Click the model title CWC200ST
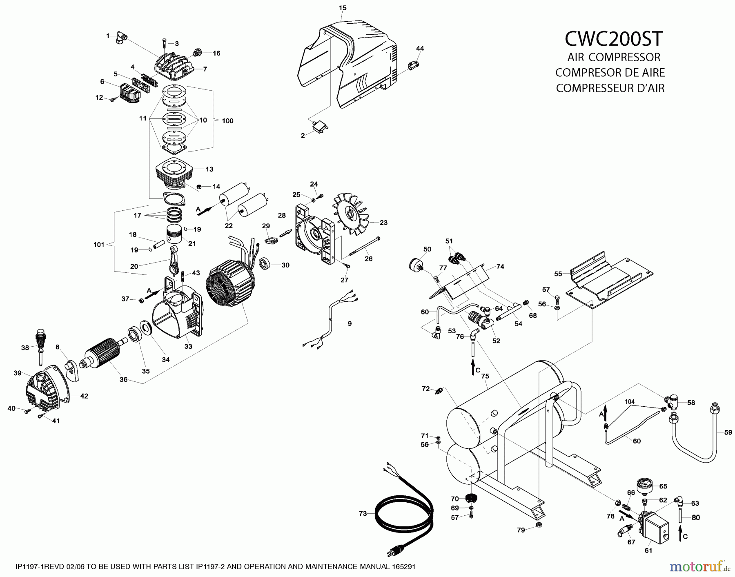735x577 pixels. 613,39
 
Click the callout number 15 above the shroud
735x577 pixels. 343,8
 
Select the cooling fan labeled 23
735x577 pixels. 351,214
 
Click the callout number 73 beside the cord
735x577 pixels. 363,513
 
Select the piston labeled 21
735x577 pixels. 176,236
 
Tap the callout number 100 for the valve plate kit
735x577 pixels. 227,121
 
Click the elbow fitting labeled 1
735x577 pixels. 121,38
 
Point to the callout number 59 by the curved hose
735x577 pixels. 728,432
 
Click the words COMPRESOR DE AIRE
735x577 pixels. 610,73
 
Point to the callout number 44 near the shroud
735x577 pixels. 420,48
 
